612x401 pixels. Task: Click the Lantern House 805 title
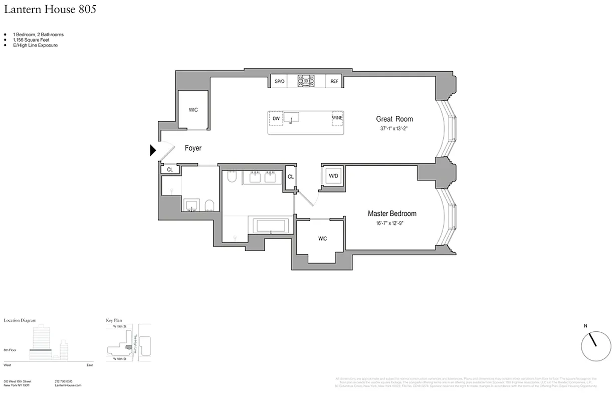click(50, 9)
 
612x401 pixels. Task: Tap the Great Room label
click(394, 119)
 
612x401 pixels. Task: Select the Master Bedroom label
click(392, 214)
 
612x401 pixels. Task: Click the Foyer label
click(193, 148)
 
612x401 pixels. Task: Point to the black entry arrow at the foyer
click(153, 150)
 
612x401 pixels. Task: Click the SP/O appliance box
click(279, 81)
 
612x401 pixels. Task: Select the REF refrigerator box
click(334, 81)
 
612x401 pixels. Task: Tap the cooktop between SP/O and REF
click(306, 81)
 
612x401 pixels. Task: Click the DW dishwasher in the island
click(276, 119)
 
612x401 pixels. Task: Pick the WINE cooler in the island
click(337, 118)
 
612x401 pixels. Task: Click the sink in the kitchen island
click(291, 117)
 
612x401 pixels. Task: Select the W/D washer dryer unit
click(332, 176)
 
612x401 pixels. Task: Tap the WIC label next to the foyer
click(193, 110)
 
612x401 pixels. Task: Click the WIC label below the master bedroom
click(322, 239)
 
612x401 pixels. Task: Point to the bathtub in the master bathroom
click(271, 225)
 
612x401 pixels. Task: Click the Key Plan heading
click(114, 320)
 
